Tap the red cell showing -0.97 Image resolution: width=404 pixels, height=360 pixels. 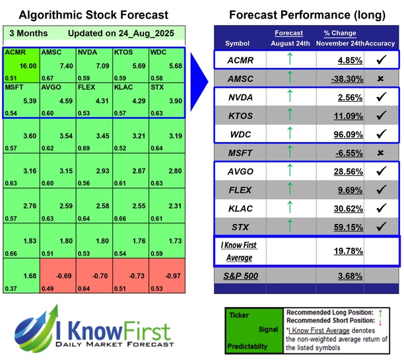pyautogui.click(x=166, y=277)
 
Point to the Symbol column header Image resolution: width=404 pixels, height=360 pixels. pyautogui.click(x=238, y=44)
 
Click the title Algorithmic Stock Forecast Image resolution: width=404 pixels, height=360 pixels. pyautogui.click(x=93, y=15)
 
